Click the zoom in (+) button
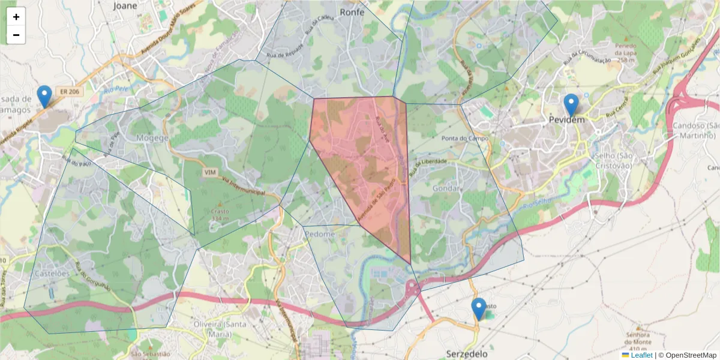click(16, 17)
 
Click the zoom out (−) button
click(16, 35)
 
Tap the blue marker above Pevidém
click(571, 105)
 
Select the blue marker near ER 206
click(44, 97)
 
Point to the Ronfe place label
click(352, 11)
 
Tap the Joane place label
click(125, 6)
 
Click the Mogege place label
click(152, 138)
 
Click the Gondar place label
click(446, 188)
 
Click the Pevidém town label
click(566, 121)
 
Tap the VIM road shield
click(210, 172)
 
